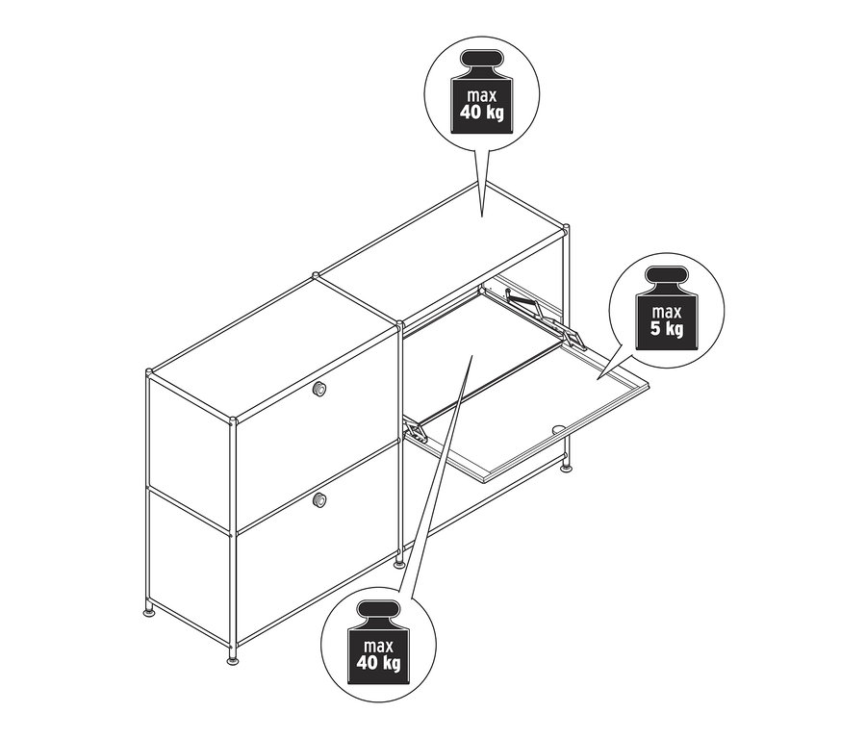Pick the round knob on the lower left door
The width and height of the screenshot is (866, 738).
click(319, 499)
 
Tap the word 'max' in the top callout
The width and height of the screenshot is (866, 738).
click(483, 96)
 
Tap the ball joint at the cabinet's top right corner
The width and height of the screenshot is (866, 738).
click(566, 228)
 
